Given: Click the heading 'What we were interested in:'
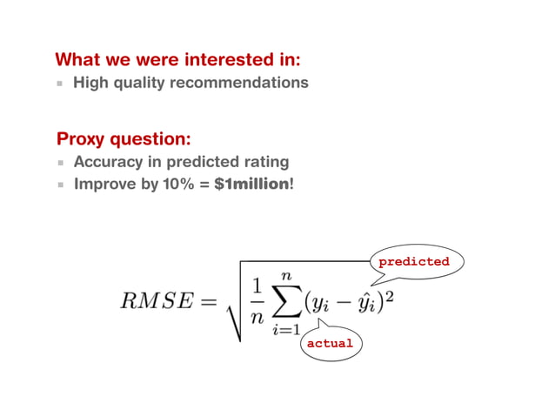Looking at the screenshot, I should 178,60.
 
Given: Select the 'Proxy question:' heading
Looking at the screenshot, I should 124,139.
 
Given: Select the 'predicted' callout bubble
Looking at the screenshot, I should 414,261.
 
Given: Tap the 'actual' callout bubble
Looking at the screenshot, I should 330,343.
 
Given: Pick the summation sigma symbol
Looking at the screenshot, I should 284,302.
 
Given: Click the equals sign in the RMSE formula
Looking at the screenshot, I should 207,302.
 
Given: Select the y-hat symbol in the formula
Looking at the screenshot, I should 367,303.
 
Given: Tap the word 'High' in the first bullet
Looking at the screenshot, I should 91,84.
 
